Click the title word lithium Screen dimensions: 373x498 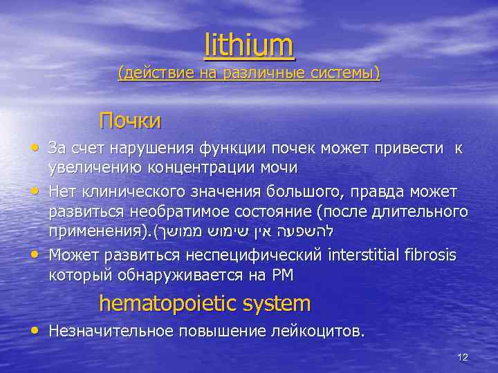tap(249, 46)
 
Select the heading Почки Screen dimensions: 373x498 tap(130, 121)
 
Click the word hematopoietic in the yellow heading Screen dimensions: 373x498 tap(175, 303)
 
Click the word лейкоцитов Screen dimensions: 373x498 tap(315, 331)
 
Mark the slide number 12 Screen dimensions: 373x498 tap(463, 357)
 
